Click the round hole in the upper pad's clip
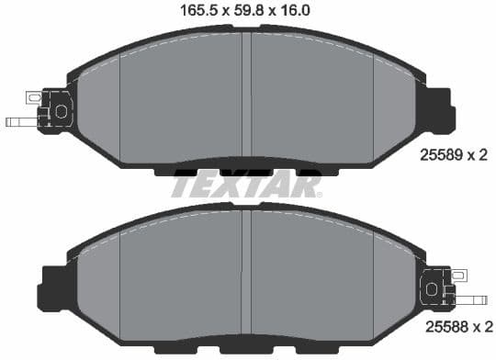[x=62, y=110]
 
